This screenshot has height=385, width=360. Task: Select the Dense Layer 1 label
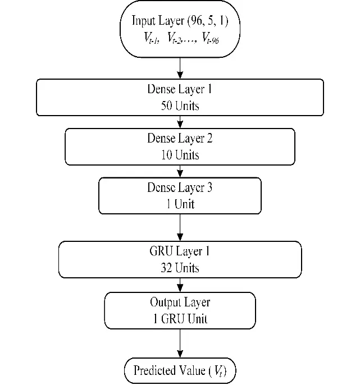180,89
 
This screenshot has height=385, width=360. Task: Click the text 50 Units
180,106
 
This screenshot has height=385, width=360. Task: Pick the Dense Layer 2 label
180,138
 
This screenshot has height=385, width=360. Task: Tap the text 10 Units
180,155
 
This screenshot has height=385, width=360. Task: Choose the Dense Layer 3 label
180,187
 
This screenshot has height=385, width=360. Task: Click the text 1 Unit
180,204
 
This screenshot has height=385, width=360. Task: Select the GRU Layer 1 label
180,251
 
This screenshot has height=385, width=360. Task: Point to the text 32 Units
180,268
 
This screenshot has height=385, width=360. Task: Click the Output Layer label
180,302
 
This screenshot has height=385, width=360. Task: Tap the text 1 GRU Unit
180,319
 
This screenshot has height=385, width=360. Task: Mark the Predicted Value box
180,371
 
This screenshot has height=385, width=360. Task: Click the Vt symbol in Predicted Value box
219,372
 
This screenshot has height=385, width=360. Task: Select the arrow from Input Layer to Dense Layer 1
180,67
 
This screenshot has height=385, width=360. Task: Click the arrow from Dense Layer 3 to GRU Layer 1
180,227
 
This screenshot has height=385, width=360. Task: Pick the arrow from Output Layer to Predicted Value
180,343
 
